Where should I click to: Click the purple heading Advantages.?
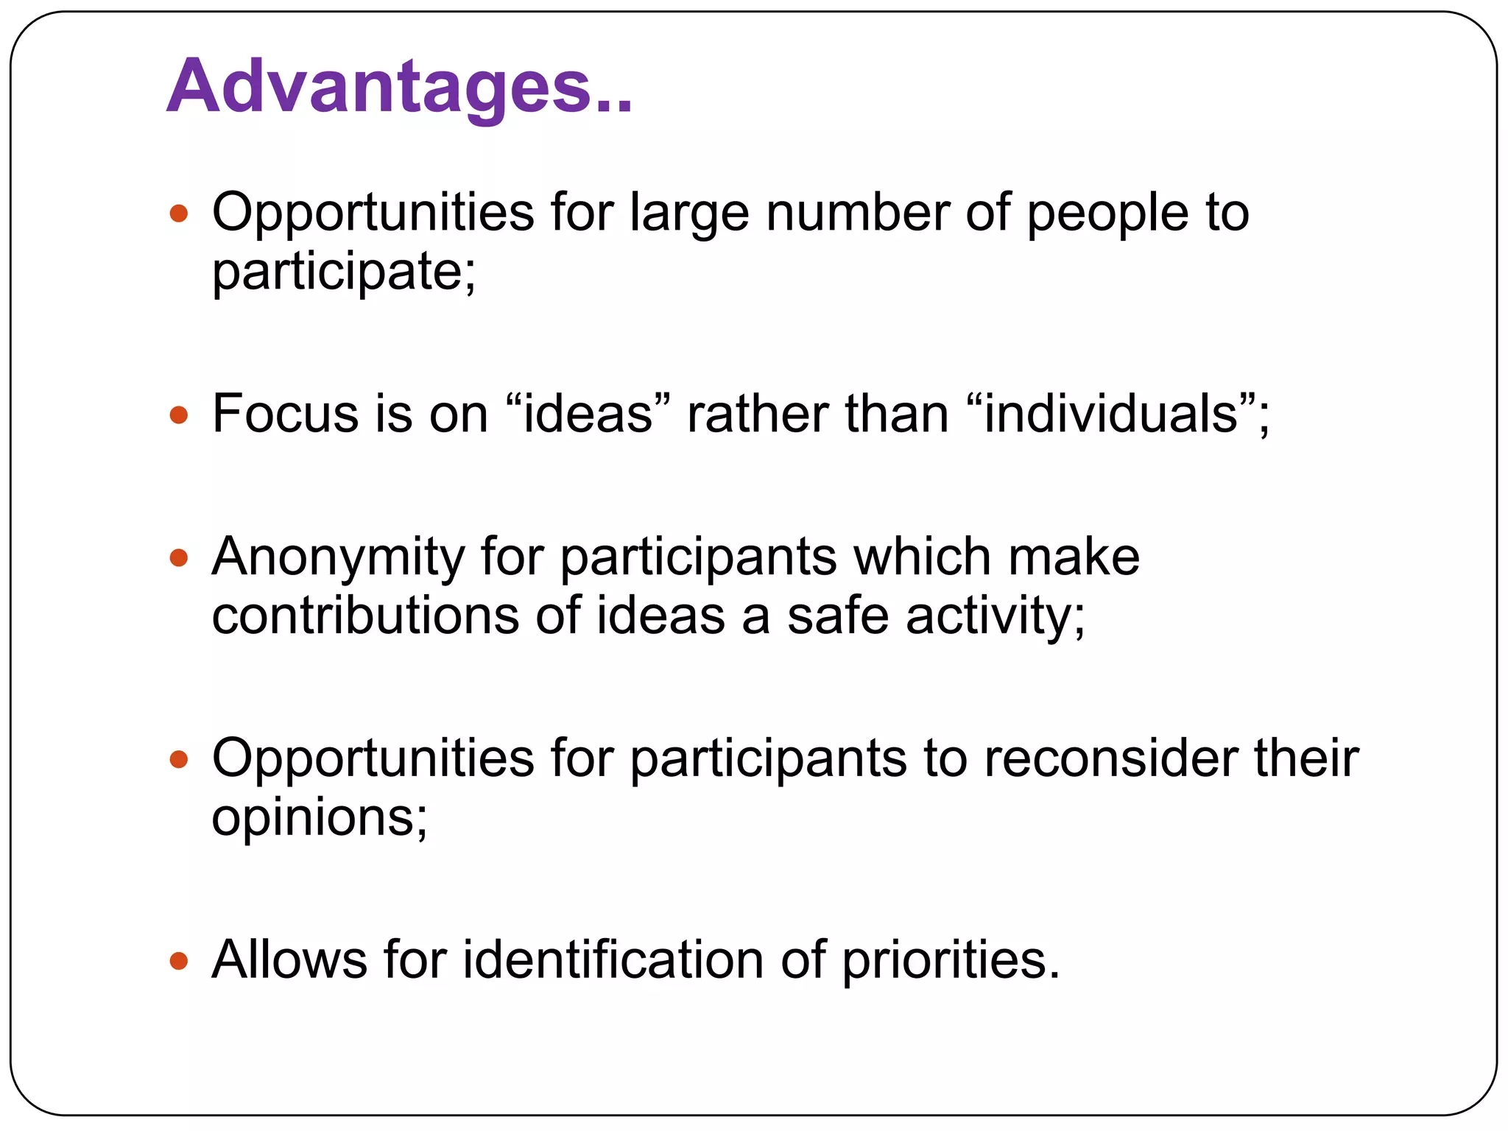[x=398, y=87]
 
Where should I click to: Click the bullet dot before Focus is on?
[x=179, y=415]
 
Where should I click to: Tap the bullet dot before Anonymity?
[x=179, y=557]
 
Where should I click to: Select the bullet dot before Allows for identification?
[x=179, y=961]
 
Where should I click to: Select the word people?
[x=1107, y=214]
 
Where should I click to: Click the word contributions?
[x=365, y=616]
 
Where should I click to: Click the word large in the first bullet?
[x=688, y=214]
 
